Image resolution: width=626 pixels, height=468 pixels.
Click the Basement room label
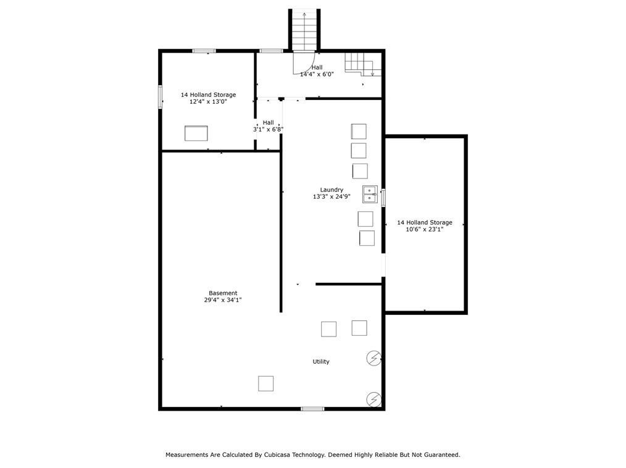tap(222, 293)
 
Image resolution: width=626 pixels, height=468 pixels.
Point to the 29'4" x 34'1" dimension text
tap(222, 300)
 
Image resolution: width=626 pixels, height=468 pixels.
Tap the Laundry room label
tap(332, 190)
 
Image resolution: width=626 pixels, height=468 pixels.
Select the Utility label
tap(321, 362)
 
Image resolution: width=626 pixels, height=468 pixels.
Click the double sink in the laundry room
tap(370, 194)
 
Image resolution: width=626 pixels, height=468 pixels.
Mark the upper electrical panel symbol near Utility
tap(374, 358)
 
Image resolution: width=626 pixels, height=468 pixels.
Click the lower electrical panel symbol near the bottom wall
tap(374, 399)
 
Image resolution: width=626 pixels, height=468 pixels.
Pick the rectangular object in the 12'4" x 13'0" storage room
tap(196, 133)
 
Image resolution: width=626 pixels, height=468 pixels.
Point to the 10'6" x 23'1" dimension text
tap(424, 229)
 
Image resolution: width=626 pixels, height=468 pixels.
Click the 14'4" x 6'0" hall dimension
tap(317, 74)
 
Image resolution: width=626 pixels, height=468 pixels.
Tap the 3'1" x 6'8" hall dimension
tap(268, 130)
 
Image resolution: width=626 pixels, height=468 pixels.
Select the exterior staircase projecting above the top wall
tap(304, 30)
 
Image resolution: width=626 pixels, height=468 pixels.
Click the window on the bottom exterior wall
tap(312, 408)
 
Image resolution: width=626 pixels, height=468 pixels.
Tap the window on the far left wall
tap(160, 97)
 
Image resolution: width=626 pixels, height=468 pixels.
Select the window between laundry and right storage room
tap(383, 198)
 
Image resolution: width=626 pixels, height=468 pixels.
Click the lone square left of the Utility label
tap(265, 383)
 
